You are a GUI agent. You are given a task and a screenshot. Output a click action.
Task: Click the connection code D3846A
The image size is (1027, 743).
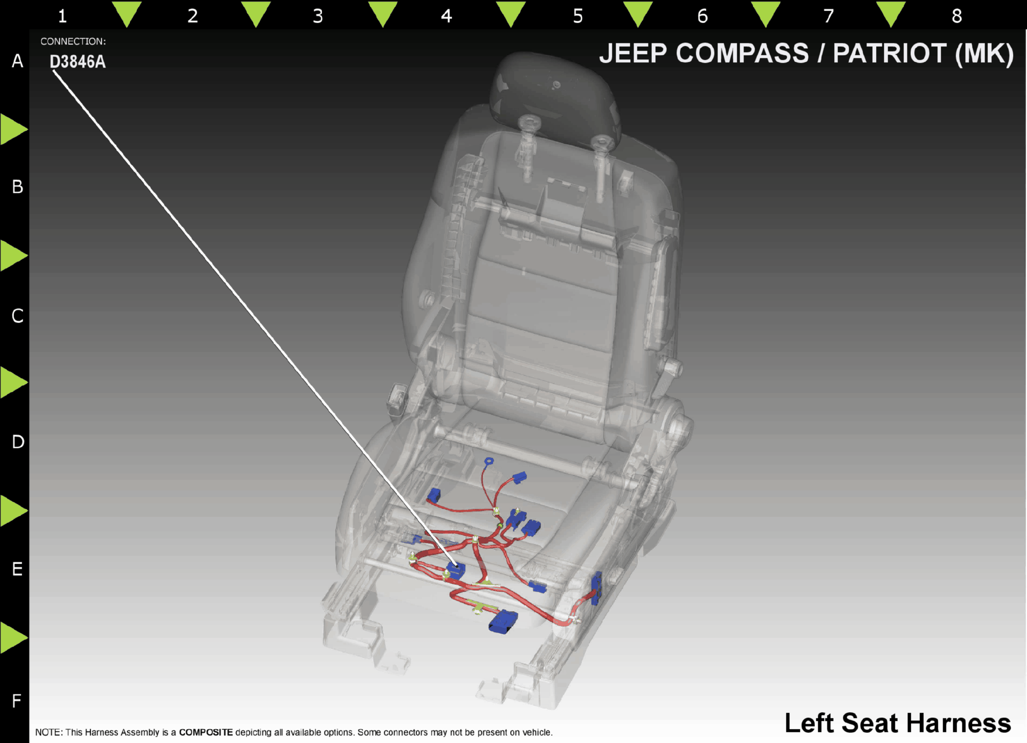point(78,62)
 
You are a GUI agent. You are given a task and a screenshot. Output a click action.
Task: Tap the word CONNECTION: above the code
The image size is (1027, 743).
point(73,41)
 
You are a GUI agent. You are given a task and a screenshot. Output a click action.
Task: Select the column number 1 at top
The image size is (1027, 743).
point(62,16)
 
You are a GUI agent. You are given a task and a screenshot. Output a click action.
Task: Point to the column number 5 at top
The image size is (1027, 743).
point(578,16)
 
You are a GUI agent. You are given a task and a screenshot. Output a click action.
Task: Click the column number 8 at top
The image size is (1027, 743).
point(957,16)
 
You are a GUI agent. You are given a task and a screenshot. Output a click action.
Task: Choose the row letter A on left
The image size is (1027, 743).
point(17,61)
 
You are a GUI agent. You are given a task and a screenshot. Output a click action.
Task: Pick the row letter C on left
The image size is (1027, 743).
point(17,316)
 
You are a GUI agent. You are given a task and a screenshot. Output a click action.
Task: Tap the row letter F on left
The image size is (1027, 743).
point(16,701)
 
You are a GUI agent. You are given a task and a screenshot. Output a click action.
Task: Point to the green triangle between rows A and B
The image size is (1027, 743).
point(13,129)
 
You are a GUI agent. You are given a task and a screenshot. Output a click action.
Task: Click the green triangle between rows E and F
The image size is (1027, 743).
point(13,637)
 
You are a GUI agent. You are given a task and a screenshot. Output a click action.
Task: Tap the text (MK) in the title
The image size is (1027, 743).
point(984,54)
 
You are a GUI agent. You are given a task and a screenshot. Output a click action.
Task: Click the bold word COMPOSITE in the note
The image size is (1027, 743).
point(206,732)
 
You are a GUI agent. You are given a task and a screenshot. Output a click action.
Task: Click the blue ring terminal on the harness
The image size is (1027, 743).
point(489,461)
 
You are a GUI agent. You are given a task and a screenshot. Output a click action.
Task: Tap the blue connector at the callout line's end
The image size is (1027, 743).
point(456,570)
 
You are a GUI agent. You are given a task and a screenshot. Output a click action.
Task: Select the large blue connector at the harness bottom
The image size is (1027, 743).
point(503,621)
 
